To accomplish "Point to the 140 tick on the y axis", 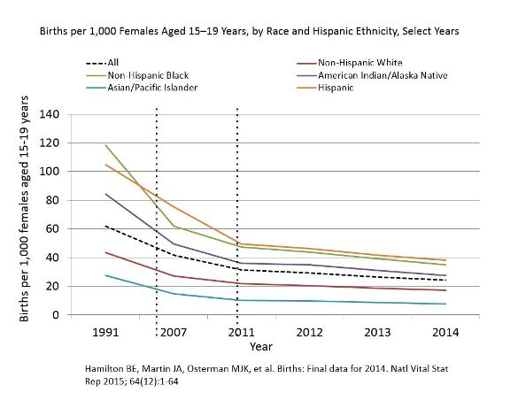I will (73, 115).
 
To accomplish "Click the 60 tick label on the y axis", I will (76, 229).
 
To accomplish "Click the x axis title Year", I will (260, 347).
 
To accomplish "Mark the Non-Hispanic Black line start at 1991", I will (105, 145).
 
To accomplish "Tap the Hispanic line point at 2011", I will (237, 243).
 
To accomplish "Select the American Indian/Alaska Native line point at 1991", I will (105, 194).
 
